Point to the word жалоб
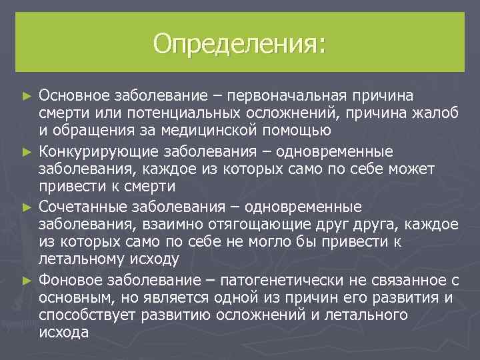(436, 114)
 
